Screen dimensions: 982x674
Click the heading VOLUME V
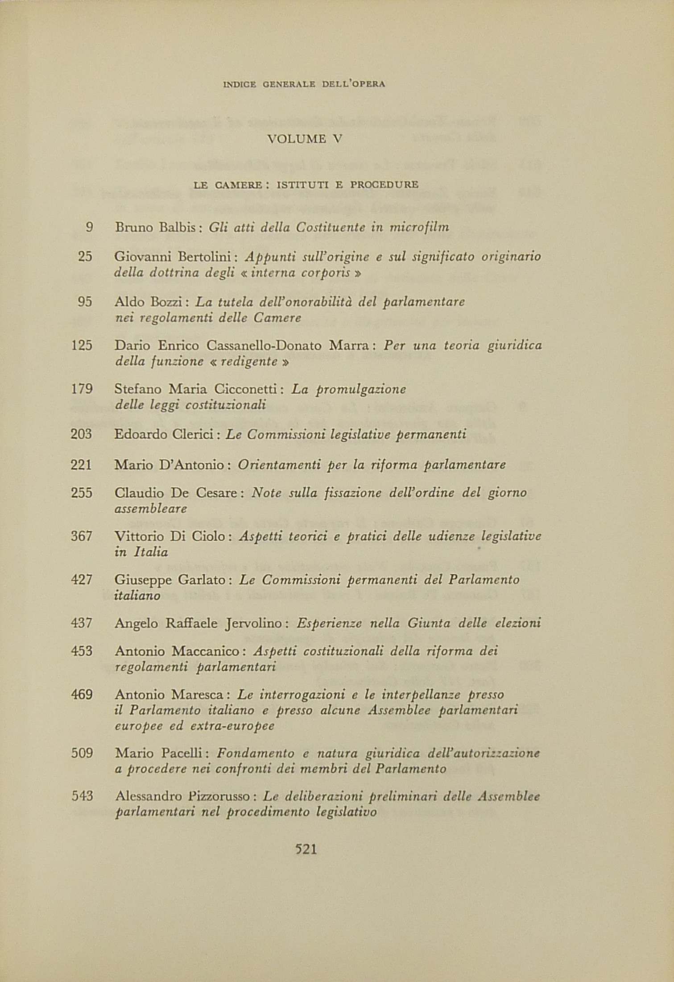point(304,139)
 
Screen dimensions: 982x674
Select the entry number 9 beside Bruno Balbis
point(89,228)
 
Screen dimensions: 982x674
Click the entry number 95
point(85,302)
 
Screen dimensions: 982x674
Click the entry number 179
point(82,389)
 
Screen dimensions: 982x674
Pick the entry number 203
point(81,434)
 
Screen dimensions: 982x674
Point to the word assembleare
point(150,509)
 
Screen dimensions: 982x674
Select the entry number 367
point(81,536)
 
